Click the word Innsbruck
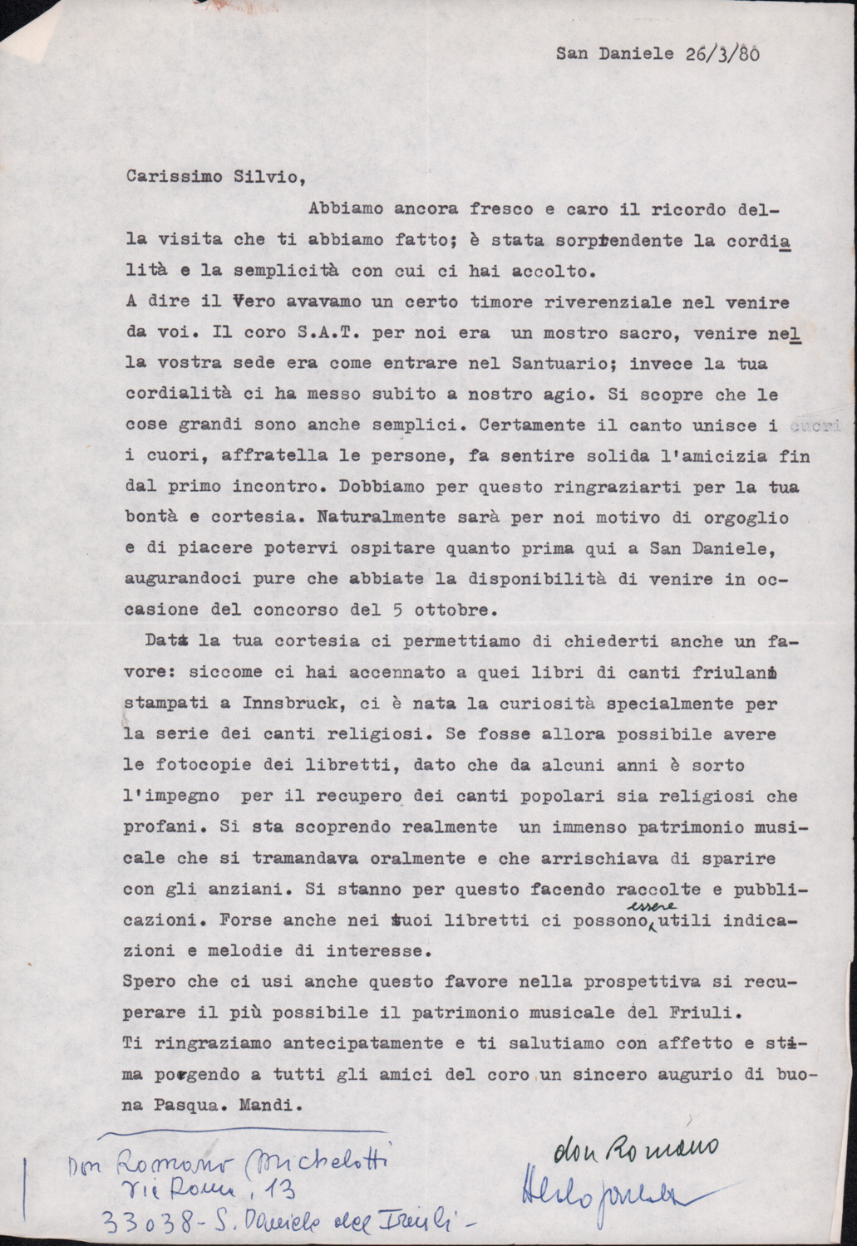tap(284, 703)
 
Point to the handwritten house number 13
tap(283, 1192)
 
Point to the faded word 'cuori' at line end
tap(806, 426)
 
